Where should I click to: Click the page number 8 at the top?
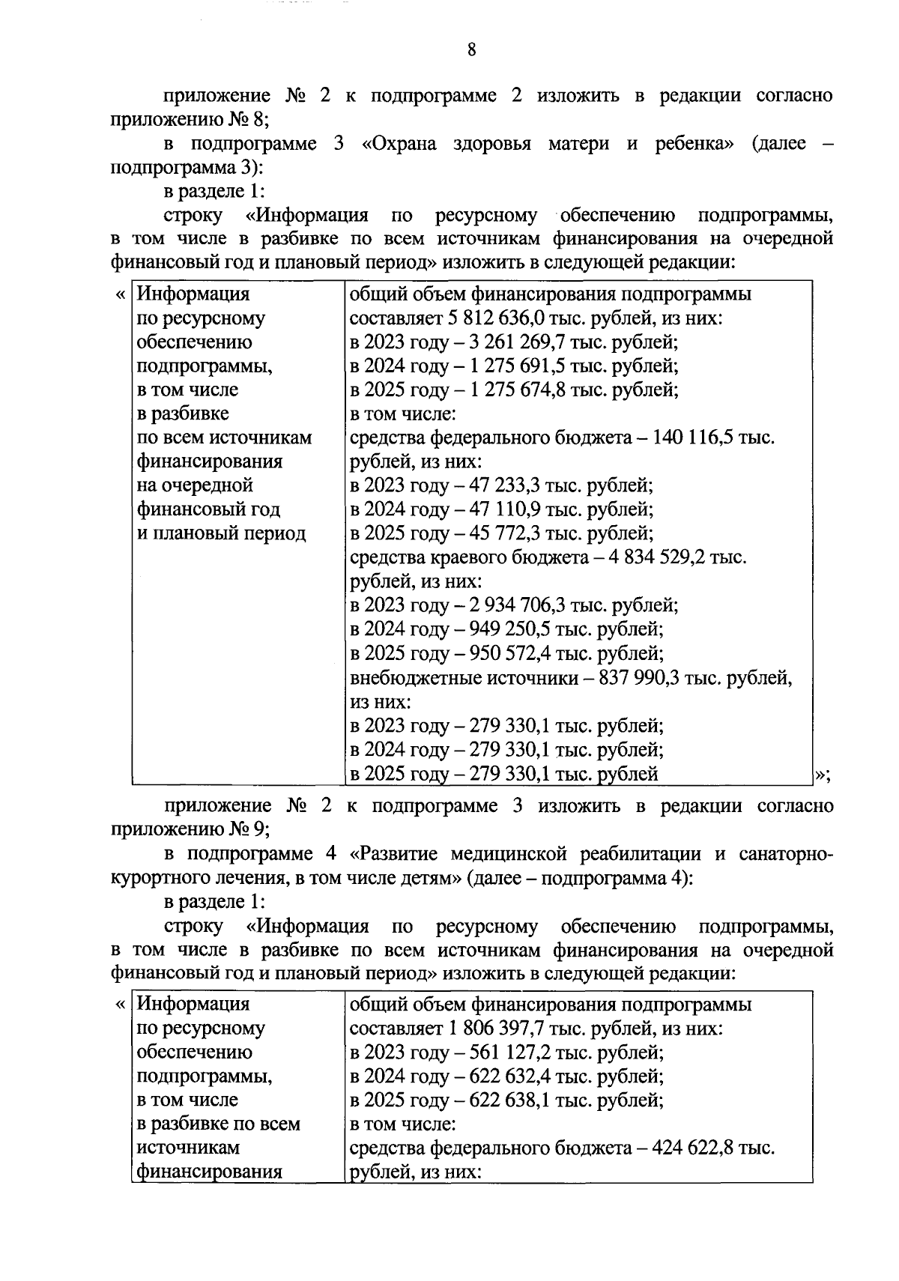click(x=471, y=50)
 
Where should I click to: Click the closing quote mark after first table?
click(x=820, y=775)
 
